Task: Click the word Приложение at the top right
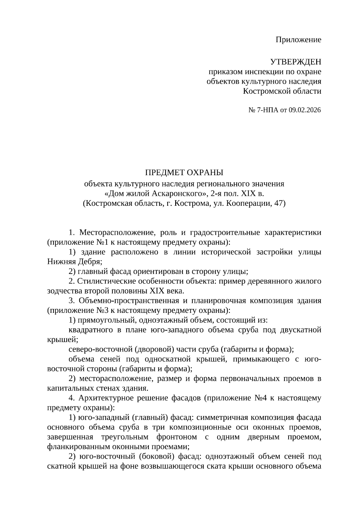pos(298,40)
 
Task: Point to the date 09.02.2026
pos(305,110)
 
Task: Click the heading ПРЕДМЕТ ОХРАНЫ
pos(184,172)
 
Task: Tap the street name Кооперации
pos(249,203)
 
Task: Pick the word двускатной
pos(300,330)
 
